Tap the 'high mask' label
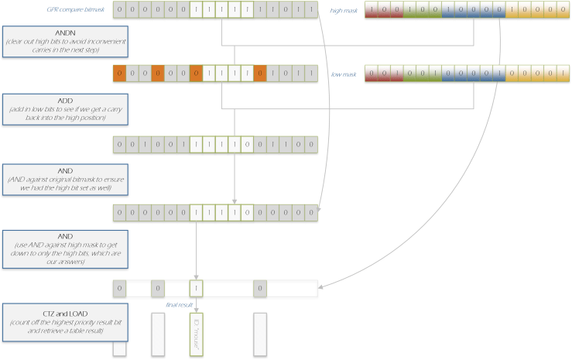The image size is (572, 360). pyautogui.click(x=344, y=11)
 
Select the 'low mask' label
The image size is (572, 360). pyautogui.click(x=344, y=74)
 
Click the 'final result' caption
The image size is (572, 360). pyautogui.click(x=179, y=305)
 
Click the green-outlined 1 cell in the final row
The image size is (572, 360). pyautogui.click(x=197, y=289)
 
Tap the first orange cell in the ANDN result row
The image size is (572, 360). pyautogui.click(x=119, y=74)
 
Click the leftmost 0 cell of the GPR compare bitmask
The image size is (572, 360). pyautogui.click(x=119, y=10)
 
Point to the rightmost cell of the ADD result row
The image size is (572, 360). pyautogui.click(x=310, y=145)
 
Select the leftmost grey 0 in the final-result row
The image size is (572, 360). pyautogui.click(x=119, y=289)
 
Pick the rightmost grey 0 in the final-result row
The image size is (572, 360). pyautogui.click(x=260, y=289)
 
